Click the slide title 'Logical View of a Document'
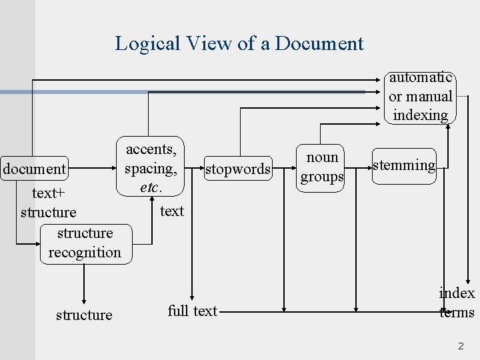pyautogui.click(x=239, y=43)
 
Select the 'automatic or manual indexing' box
pyautogui.click(x=421, y=97)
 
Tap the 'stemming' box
pyautogui.click(x=404, y=165)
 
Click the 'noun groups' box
pyautogui.click(x=321, y=167)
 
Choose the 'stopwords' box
pyautogui.click(x=238, y=169)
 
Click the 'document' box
pyautogui.click(x=35, y=169)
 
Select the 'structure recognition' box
pyautogui.click(x=85, y=243)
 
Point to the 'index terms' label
pyautogui.click(x=457, y=303)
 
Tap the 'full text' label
pyautogui.click(x=193, y=311)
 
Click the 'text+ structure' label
pyautogui.click(x=48, y=203)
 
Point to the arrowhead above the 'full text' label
pyautogui.click(x=193, y=297)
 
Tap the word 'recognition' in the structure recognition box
pyautogui.click(x=85, y=253)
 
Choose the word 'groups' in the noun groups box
pyautogui.click(x=321, y=177)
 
